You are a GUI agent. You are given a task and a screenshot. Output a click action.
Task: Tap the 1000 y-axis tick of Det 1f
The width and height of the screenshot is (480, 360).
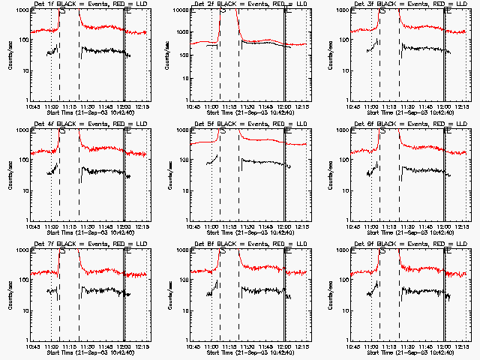coord(24,10)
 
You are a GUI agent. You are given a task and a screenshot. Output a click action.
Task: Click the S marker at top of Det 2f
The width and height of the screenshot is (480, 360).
coord(222,11)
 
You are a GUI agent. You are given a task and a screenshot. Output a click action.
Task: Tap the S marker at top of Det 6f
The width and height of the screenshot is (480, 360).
coord(382,131)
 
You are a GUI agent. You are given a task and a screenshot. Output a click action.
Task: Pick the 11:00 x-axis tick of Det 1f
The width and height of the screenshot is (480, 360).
coord(52,106)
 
